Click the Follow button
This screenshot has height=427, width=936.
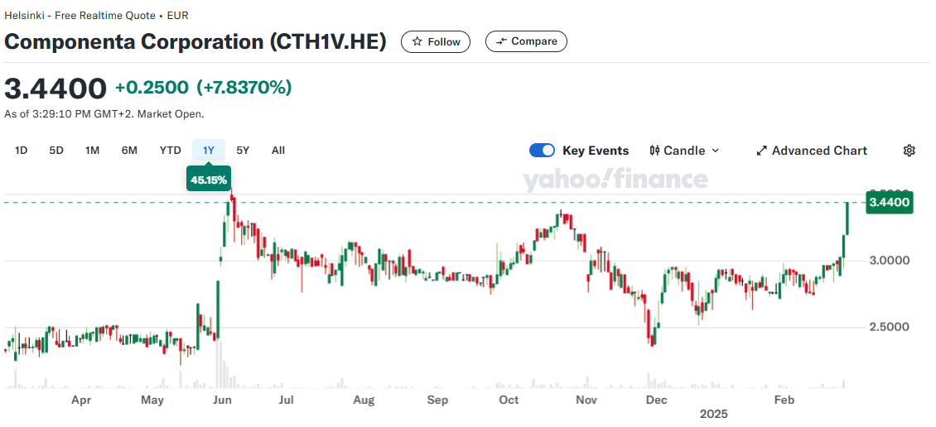436,41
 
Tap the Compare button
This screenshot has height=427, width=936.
526,41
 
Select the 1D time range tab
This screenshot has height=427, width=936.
22,150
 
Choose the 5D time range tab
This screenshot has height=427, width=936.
56,150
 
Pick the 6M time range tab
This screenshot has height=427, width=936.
129,150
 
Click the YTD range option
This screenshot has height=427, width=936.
171,150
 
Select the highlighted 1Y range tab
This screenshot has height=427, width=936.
209,150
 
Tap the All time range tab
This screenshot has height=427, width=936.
278,150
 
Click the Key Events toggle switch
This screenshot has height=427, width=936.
542,150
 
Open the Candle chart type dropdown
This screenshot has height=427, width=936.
685,151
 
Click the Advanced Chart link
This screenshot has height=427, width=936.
812,151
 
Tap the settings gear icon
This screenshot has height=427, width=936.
909,151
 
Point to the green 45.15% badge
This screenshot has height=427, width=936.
209,179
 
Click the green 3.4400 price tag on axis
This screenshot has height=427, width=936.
890,203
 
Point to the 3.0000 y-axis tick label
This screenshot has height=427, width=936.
890,261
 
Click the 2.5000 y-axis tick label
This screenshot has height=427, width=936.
890,327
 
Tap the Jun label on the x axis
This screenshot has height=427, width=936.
222,401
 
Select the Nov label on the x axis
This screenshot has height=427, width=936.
586,401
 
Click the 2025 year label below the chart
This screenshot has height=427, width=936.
714,413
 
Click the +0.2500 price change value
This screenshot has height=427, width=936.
152,88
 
